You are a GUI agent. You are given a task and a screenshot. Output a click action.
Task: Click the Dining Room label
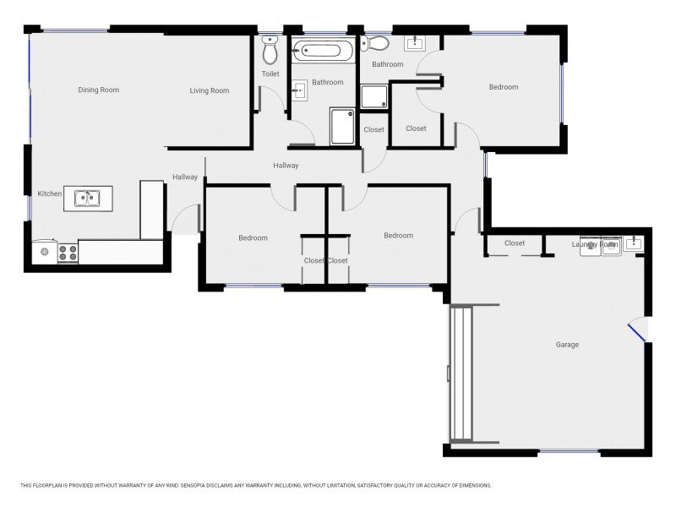click(98, 90)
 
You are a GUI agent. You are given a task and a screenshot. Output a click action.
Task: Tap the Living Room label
click(209, 90)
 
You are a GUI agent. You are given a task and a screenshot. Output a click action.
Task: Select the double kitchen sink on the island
click(87, 199)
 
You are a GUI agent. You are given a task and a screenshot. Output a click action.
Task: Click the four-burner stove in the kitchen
click(68, 253)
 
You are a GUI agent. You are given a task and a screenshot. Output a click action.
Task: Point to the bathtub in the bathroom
click(323, 51)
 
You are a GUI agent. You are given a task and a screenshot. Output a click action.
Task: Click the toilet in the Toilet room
click(270, 50)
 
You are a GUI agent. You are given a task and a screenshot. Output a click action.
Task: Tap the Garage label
click(567, 345)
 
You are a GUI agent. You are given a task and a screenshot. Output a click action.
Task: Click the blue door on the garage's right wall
click(636, 332)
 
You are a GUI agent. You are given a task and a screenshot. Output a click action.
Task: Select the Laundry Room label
click(595, 244)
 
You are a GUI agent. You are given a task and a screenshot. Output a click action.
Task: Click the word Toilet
click(270, 74)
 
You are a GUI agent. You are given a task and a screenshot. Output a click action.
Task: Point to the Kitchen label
click(50, 194)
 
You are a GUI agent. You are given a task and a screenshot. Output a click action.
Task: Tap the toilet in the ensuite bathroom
click(374, 43)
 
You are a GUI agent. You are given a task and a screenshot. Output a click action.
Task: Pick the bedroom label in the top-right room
click(503, 87)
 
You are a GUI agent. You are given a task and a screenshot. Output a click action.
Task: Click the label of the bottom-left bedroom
click(253, 238)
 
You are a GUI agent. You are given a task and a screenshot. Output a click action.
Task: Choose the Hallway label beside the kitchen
click(185, 177)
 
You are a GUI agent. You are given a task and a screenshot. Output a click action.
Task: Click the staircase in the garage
click(461, 373)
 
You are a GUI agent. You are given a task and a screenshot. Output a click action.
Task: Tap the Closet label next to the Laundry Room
click(515, 243)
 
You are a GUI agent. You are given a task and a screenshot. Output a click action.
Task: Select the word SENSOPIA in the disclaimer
click(193, 485)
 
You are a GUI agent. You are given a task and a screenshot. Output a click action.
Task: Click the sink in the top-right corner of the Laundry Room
click(634, 243)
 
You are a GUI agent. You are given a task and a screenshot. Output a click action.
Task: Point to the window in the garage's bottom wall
click(569, 451)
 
